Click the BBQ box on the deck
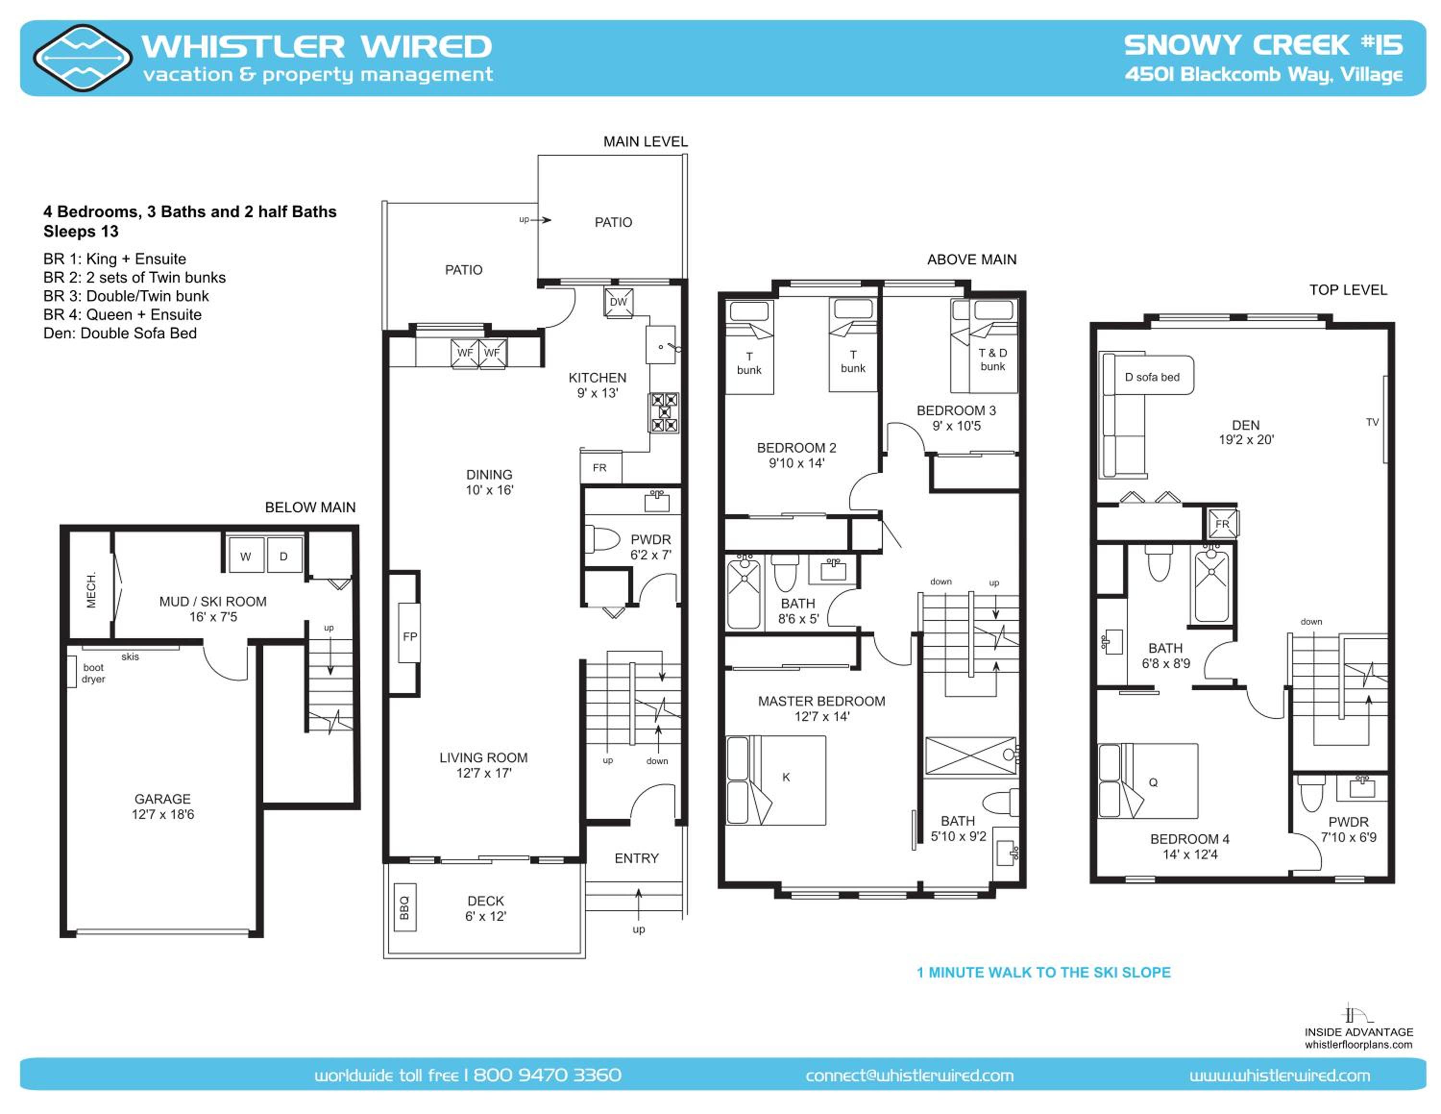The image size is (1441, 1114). tap(404, 907)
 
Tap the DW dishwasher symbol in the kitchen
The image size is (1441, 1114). tap(618, 302)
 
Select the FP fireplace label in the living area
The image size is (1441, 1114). tap(410, 637)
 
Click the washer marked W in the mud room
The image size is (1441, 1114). tap(245, 556)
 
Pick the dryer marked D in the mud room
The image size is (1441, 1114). tap(284, 556)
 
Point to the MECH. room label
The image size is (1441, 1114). tap(91, 589)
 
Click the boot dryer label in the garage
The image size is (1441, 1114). tap(94, 673)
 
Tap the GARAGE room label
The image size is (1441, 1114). tap(162, 799)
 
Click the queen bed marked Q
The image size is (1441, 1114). tap(1148, 781)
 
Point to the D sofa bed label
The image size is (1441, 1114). tap(1152, 377)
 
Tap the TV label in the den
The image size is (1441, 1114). tap(1372, 421)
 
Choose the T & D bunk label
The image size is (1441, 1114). tap(992, 359)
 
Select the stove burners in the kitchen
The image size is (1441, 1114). tap(664, 412)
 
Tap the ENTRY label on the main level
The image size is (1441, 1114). tap(637, 858)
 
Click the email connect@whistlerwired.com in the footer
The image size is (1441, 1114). tap(909, 1075)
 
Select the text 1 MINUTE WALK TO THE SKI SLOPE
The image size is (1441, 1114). tap(1044, 972)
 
